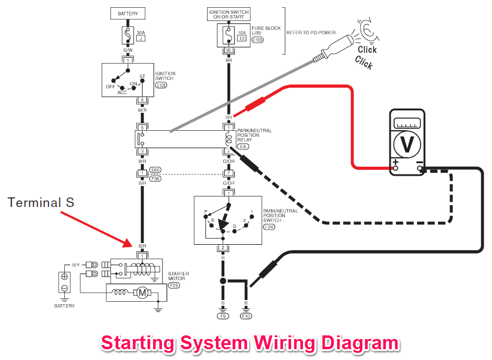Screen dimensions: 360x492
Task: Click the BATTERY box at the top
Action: pyautogui.click(x=128, y=13)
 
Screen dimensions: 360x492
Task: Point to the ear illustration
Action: pyautogui.click(x=365, y=31)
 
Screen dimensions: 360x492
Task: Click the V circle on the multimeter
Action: pyautogui.click(x=408, y=144)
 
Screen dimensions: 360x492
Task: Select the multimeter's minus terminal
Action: pyautogui.click(x=421, y=167)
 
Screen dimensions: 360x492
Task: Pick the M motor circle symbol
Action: pyautogui.click(x=142, y=292)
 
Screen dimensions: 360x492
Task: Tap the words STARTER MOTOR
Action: pyautogui.click(x=178, y=275)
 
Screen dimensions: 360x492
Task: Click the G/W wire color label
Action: pyautogui.click(x=128, y=50)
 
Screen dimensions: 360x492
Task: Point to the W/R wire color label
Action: pyautogui.click(x=142, y=109)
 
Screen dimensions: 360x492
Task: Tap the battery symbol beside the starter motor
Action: pyautogui.click(x=64, y=283)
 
